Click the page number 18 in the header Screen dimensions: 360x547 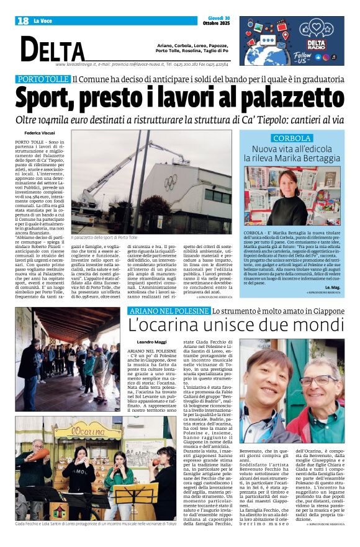pos(23,21)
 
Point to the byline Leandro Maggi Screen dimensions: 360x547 pos(143,342)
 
